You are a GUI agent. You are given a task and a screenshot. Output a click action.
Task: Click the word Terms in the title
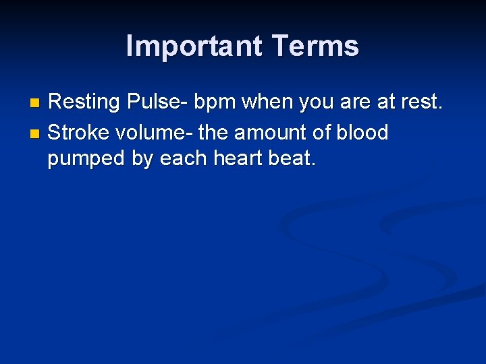click(316, 47)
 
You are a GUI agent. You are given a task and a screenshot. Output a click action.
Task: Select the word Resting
click(86, 102)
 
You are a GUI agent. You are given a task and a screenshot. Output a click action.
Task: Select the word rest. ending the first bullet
click(420, 102)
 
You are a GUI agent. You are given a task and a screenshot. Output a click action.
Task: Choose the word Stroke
click(80, 132)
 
